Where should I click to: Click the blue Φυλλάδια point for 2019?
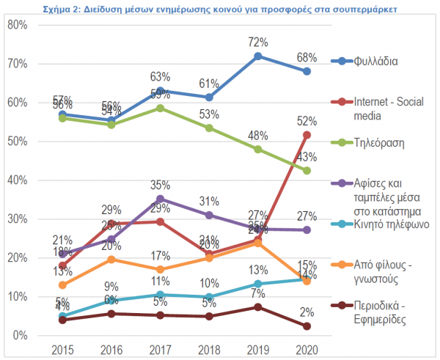pos(258,56)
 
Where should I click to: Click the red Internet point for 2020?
pos(307,134)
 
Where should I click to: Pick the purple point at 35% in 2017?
pos(161,199)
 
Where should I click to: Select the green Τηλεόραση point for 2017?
pos(161,108)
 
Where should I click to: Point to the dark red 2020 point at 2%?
pos(307,326)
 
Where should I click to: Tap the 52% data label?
pos(307,121)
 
